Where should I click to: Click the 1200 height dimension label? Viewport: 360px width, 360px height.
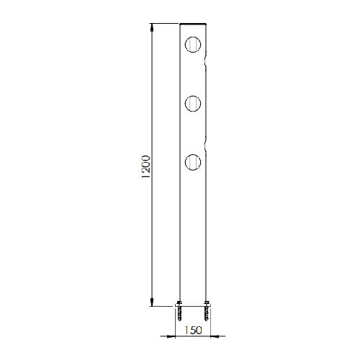coord(146,167)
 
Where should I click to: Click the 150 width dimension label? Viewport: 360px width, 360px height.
coord(193,330)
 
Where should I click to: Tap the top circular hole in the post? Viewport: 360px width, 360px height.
coord(193,45)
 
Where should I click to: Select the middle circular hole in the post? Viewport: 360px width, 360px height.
coord(193,104)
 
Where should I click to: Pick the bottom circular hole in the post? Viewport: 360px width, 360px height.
coord(193,162)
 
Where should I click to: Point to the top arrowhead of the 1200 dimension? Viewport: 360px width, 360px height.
coord(152,27)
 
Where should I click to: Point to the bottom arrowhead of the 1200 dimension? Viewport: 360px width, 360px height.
coord(152,302)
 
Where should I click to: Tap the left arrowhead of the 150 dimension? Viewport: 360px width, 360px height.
coord(171,336)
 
